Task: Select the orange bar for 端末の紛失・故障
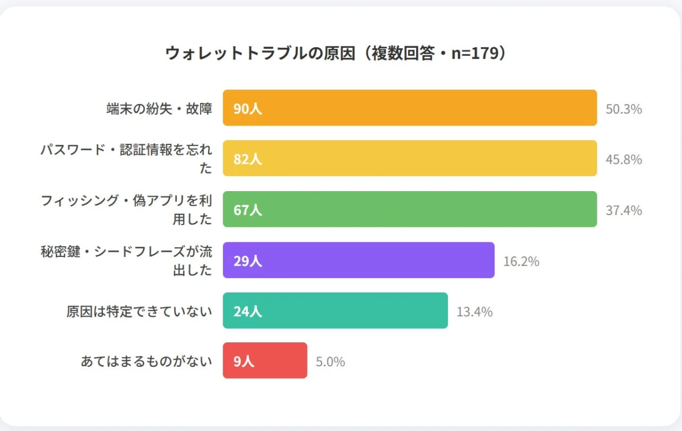(409, 107)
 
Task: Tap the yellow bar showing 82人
(409, 158)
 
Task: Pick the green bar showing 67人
(409, 209)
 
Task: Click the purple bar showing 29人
(358, 260)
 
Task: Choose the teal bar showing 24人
(335, 310)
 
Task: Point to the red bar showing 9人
(265, 360)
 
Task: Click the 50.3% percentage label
(623, 109)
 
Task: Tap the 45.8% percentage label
(623, 159)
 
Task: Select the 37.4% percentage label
(623, 210)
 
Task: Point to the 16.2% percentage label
(521, 262)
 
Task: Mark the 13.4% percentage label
(475, 312)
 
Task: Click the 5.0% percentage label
(330, 362)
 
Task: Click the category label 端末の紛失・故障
(159, 109)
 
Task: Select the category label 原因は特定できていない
(139, 312)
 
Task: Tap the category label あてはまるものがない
(147, 361)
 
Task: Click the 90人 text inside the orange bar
(248, 109)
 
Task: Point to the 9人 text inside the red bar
(244, 361)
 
